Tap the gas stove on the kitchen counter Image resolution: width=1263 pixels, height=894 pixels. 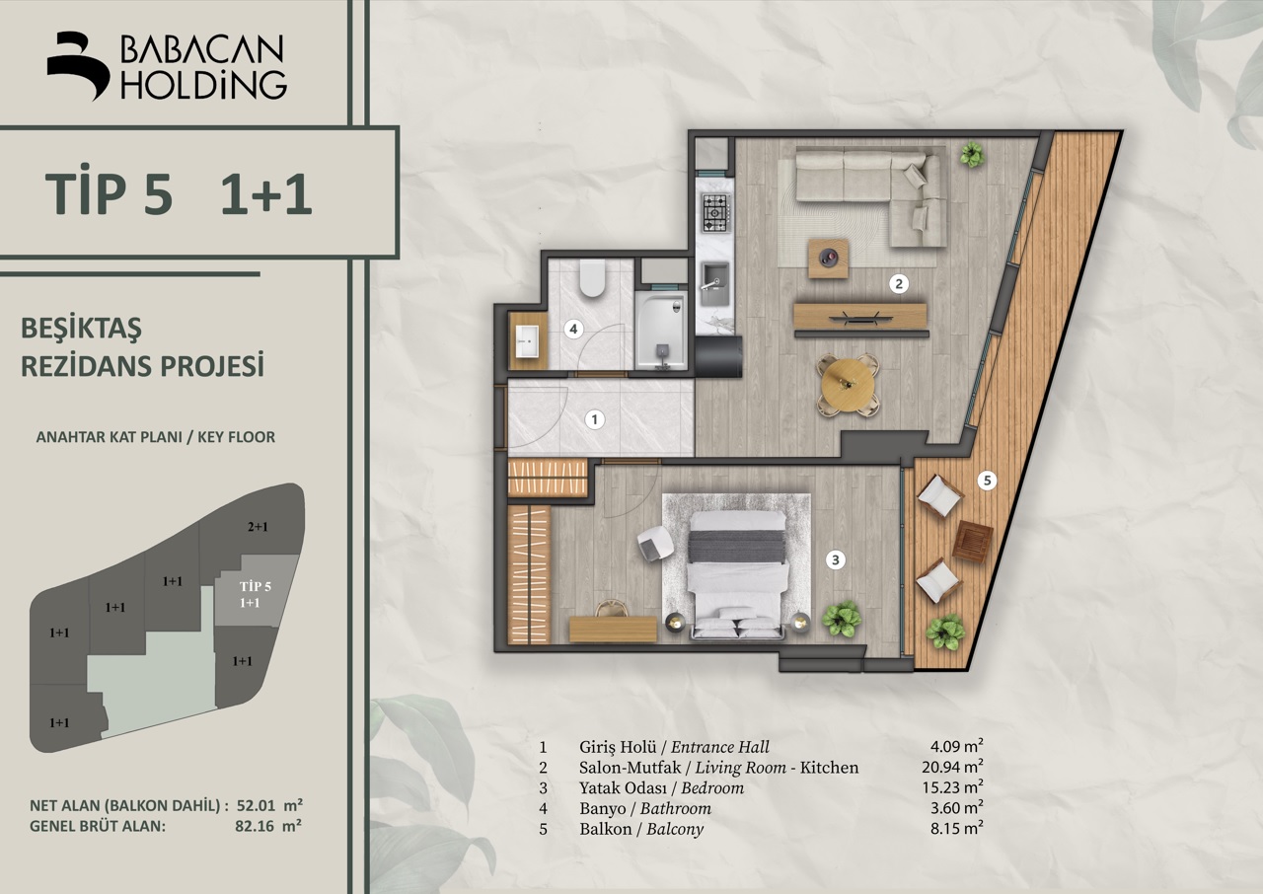pyautogui.click(x=716, y=212)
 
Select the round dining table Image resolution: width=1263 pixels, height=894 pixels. pyautogui.click(x=848, y=386)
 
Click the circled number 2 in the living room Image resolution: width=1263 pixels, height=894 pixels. pyautogui.click(x=899, y=283)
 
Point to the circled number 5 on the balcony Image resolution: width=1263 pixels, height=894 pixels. pyautogui.click(x=987, y=481)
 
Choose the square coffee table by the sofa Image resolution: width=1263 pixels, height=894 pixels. pyautogui.click(x=828, y=259)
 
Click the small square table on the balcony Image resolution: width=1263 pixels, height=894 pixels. pyautogui.click(x=973, y=542)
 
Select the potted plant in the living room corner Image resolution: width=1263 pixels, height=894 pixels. pyautogui.click(x=972, y=153)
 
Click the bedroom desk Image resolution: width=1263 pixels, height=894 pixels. pyautogui.click(x=613, y=630)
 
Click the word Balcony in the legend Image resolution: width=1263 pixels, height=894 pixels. pyautogui.click(x=675, y=829)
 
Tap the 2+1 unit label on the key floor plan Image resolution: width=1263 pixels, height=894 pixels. pyautogui.click(x=258, y=527)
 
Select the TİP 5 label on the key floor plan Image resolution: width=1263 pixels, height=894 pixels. pyautogui.click(x=255, y=586)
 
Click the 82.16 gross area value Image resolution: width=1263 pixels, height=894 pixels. pyautogui.click(x=255, y=826)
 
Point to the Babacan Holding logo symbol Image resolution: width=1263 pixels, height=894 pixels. pyautogui.click(x=78, y=66)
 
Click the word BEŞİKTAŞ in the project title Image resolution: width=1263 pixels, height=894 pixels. pyautogui.click(x=81, y=329)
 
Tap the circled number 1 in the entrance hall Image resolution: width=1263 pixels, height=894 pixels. pyautogui.click(x=594, y=419)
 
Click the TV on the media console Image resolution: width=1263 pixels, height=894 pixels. pyautogui.click(x=860, y=318)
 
